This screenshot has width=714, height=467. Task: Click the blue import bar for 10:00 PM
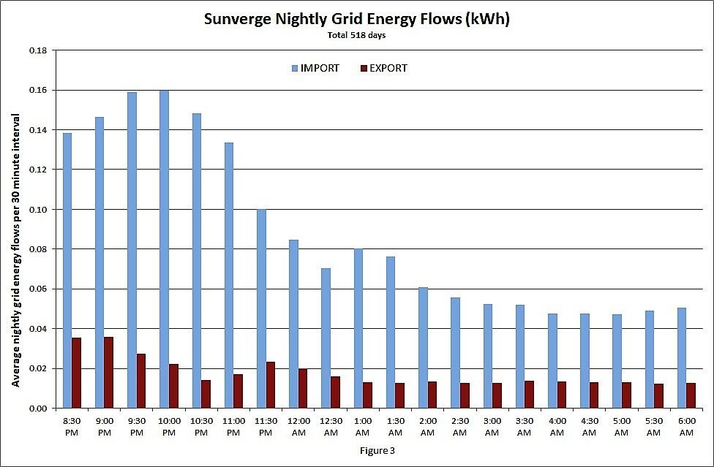pos(164,249)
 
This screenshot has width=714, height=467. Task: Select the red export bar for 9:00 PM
pos(108,372)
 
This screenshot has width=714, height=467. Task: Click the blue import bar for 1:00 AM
pos(358,328)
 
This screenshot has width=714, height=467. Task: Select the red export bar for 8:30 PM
pos(76,373)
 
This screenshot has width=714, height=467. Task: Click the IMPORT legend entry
pos(315,68)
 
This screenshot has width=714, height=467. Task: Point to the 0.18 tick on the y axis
pos(37,50)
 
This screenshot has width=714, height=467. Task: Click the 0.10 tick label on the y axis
pos(37,210)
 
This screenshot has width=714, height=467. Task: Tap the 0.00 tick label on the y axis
pos(37,408)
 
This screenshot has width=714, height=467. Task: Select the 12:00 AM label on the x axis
pos(298,427)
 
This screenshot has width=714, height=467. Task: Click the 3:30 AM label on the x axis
pos(525,427)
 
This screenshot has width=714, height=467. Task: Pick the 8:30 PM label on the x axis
pos(72,427)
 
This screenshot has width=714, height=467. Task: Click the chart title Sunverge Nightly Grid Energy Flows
pos(356,19)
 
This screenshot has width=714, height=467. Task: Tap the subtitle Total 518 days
pos(356,35)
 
